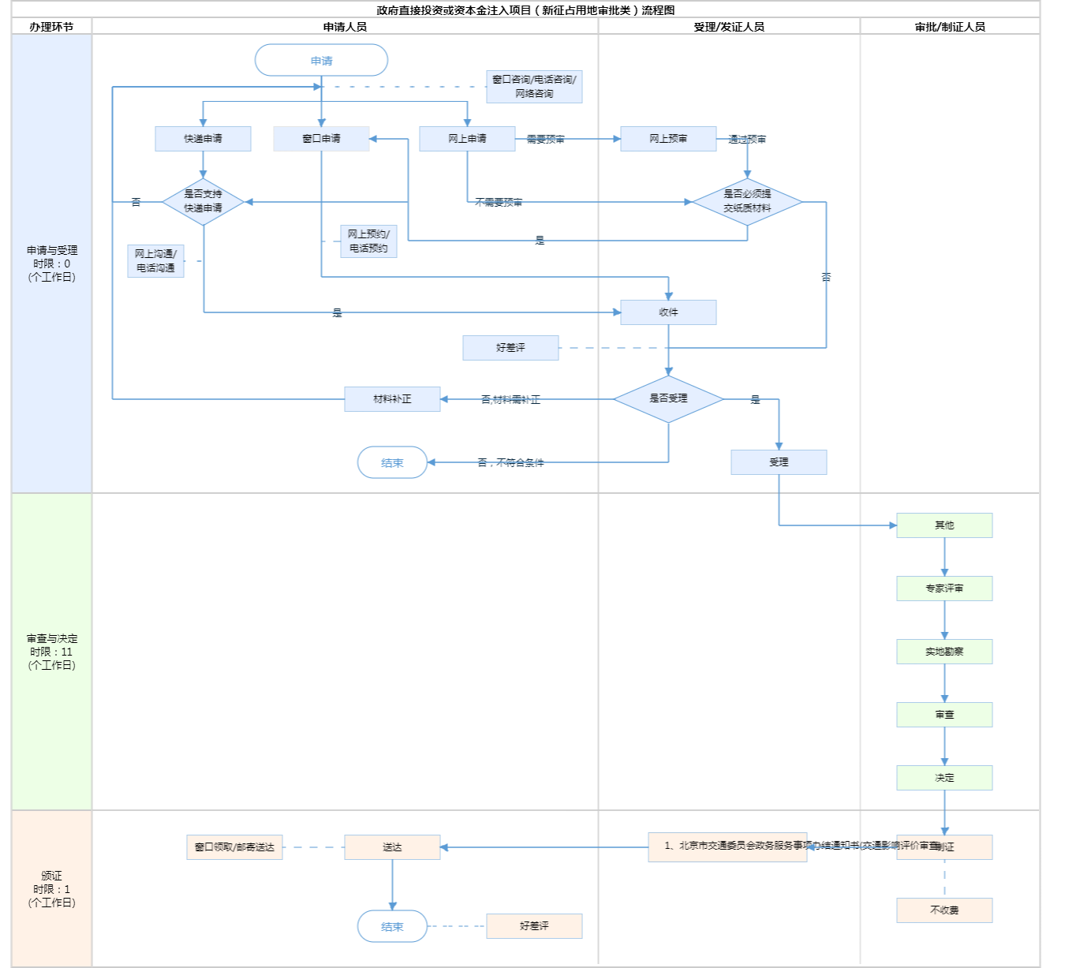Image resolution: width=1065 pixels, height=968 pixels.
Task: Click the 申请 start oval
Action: pos(321,61)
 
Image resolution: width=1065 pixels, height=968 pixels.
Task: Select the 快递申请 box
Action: pos(203,139)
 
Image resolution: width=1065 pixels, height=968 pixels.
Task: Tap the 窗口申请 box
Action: pos(321,139)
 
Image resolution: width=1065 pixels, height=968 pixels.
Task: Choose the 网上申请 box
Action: pos(467,139)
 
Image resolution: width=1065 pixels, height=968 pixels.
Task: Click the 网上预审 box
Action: pos(668,139)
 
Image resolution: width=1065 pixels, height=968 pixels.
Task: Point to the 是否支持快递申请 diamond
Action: pos(203,201)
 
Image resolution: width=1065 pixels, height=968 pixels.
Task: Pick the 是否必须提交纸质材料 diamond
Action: pos(747,201)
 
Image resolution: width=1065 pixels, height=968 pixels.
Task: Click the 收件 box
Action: pos(668,312)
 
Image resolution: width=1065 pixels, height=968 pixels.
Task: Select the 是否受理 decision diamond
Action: pos(668,398)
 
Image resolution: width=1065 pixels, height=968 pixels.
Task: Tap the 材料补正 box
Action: pos(392,399)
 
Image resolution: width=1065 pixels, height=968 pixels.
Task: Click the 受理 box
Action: pos(779,462)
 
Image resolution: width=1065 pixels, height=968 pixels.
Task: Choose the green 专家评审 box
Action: pos(944,589)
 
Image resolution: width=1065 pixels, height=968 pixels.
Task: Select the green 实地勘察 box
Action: pos(944,652)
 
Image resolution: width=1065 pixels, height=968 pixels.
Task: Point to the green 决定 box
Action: pos(944,778)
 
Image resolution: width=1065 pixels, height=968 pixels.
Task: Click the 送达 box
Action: pos(392,847)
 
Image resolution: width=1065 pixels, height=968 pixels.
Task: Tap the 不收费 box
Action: pos(944,910)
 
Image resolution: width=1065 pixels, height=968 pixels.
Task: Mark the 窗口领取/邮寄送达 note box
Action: pos(234,847)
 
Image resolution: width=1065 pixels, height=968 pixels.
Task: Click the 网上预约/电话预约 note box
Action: pos(368,241)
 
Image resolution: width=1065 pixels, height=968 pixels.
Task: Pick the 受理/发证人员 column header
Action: pos(729,27)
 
